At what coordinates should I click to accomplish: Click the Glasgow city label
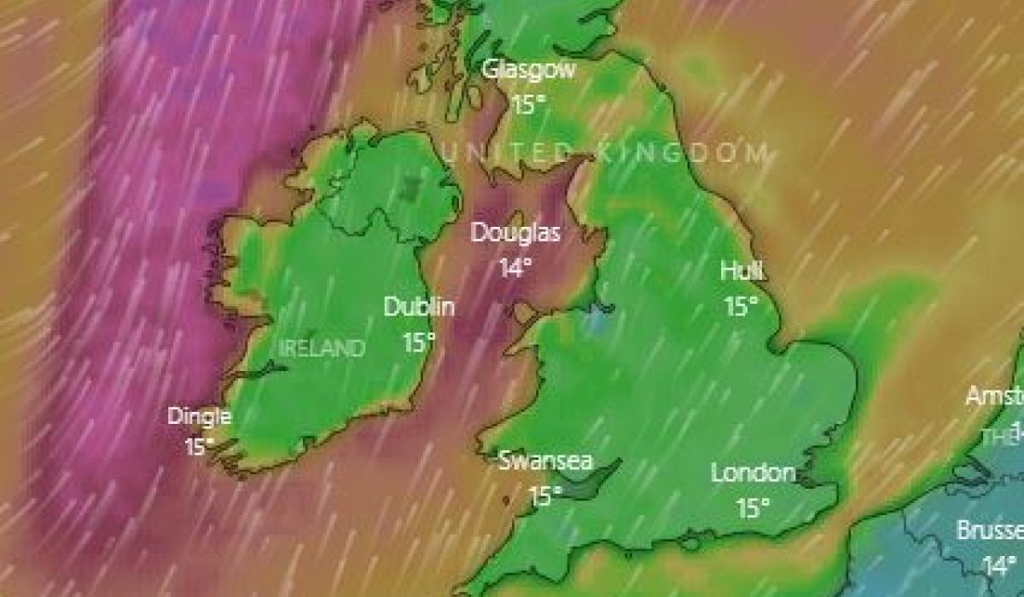tap(529, 70)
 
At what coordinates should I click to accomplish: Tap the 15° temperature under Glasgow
tap(529, 105)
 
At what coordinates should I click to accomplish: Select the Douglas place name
tap(516, 232)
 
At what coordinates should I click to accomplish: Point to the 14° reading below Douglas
tap(515, 269)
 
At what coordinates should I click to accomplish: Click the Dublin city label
tap(419, 307)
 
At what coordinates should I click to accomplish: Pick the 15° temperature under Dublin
tap(419, 343)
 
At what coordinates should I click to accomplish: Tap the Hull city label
tap(742, 271)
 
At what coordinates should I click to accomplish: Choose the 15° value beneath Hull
tap(742, 307)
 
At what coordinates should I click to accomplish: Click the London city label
tap(753, 472)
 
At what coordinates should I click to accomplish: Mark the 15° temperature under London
tap(753, 509)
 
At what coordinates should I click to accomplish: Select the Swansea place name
tap(545, 461)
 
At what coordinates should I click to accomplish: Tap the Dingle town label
tap(200, 417)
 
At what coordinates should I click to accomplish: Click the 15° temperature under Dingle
tap(200, 446)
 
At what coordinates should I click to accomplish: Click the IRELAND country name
tap(323, 348)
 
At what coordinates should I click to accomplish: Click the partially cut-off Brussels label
tap(990, 530)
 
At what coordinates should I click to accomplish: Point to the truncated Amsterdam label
tap(994, 397)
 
